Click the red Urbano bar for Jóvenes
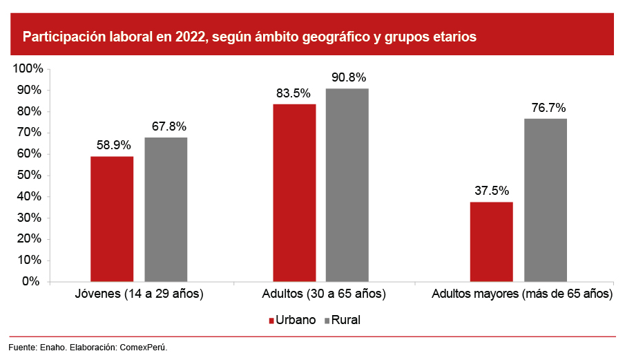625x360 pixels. click(x=112, y=219)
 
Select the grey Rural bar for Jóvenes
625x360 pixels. click(x=166, y=209)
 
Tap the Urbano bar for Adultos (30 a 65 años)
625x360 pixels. click(x=294, y=193)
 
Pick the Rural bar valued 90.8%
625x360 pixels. click(x=347, y=185)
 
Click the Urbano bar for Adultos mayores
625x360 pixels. click(x=491, y=242)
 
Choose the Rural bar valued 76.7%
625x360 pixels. click(x=546, y=200)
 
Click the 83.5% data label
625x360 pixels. click(x=294, y=94)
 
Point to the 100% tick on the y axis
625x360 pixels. click(x=28, y=69)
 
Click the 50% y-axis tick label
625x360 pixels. click(x=30, y=176)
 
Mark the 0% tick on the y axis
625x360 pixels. click(x=33, y=282)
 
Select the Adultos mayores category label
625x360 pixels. click(x=521, y=294)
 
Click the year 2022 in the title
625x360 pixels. click(x=188, y=37)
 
